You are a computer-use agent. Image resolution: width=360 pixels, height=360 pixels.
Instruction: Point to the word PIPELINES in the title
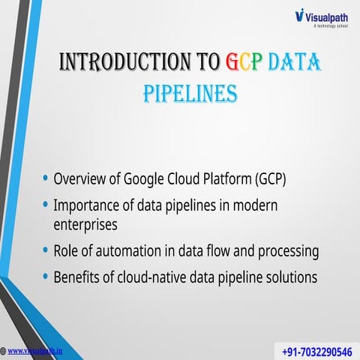(190, 94)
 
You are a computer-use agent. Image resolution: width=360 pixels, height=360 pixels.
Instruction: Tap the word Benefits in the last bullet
(79, 276)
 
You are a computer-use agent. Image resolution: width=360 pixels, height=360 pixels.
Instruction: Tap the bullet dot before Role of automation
(46, 250)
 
